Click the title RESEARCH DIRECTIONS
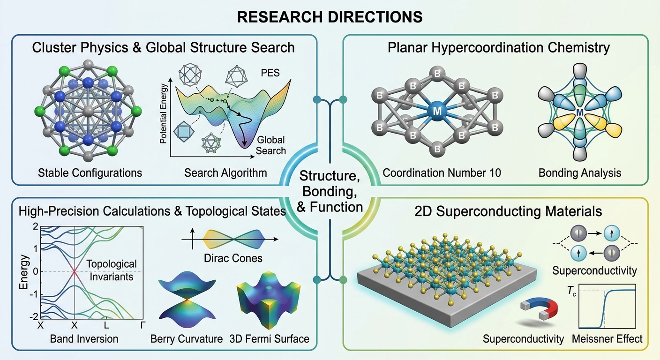[330, 17]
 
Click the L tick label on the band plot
[107, 325]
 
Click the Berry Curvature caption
[187, 338]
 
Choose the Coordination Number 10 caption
[442, 172]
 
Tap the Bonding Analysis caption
[580, 172]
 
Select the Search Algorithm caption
[225, 172]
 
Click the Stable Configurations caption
[90, 172]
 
